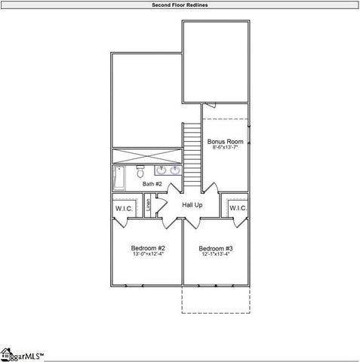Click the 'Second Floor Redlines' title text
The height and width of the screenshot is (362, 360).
coord(180,5)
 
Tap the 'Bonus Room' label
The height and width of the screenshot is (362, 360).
coord(225,142)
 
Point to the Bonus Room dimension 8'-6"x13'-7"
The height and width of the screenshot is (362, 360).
coord(225,149)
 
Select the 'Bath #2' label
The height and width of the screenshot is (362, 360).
coord(153,183)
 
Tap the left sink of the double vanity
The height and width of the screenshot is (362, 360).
coord(161,170)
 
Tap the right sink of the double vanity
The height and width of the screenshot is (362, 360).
coord(175,170)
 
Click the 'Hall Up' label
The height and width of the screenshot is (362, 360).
coord(192,204)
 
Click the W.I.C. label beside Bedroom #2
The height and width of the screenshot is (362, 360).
coord(124,208)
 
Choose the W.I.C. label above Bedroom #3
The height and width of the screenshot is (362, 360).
coord(238,208)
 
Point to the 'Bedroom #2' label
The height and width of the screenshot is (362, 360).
coord(148,248)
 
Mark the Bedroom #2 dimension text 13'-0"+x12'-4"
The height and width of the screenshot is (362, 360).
coord(148,254)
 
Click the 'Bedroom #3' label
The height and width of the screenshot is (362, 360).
coord(216,248)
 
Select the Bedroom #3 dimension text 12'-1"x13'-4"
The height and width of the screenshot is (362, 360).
coord(216,254)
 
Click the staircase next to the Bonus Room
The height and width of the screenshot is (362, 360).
coord(192,155)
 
